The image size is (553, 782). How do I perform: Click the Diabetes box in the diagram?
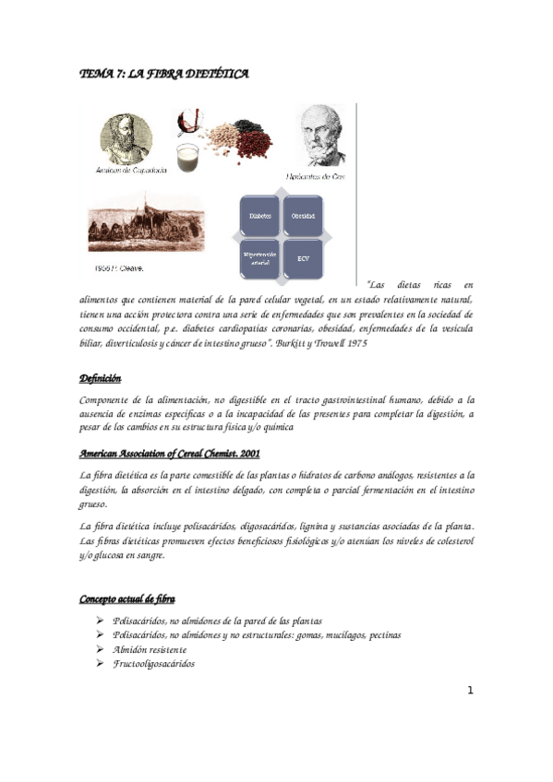(x=260, y=216)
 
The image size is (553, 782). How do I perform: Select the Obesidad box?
(x=303, y=216)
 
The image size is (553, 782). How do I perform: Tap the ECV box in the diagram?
(x=303, y=258)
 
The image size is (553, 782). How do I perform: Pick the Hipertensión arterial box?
(x=260, y=258)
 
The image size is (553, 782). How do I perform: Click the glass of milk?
(x=188, y=153)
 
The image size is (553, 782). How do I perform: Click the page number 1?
(x=470, y=690)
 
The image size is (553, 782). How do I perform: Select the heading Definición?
(x=100, y=379)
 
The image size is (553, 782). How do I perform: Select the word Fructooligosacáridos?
(x=153, y=663)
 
